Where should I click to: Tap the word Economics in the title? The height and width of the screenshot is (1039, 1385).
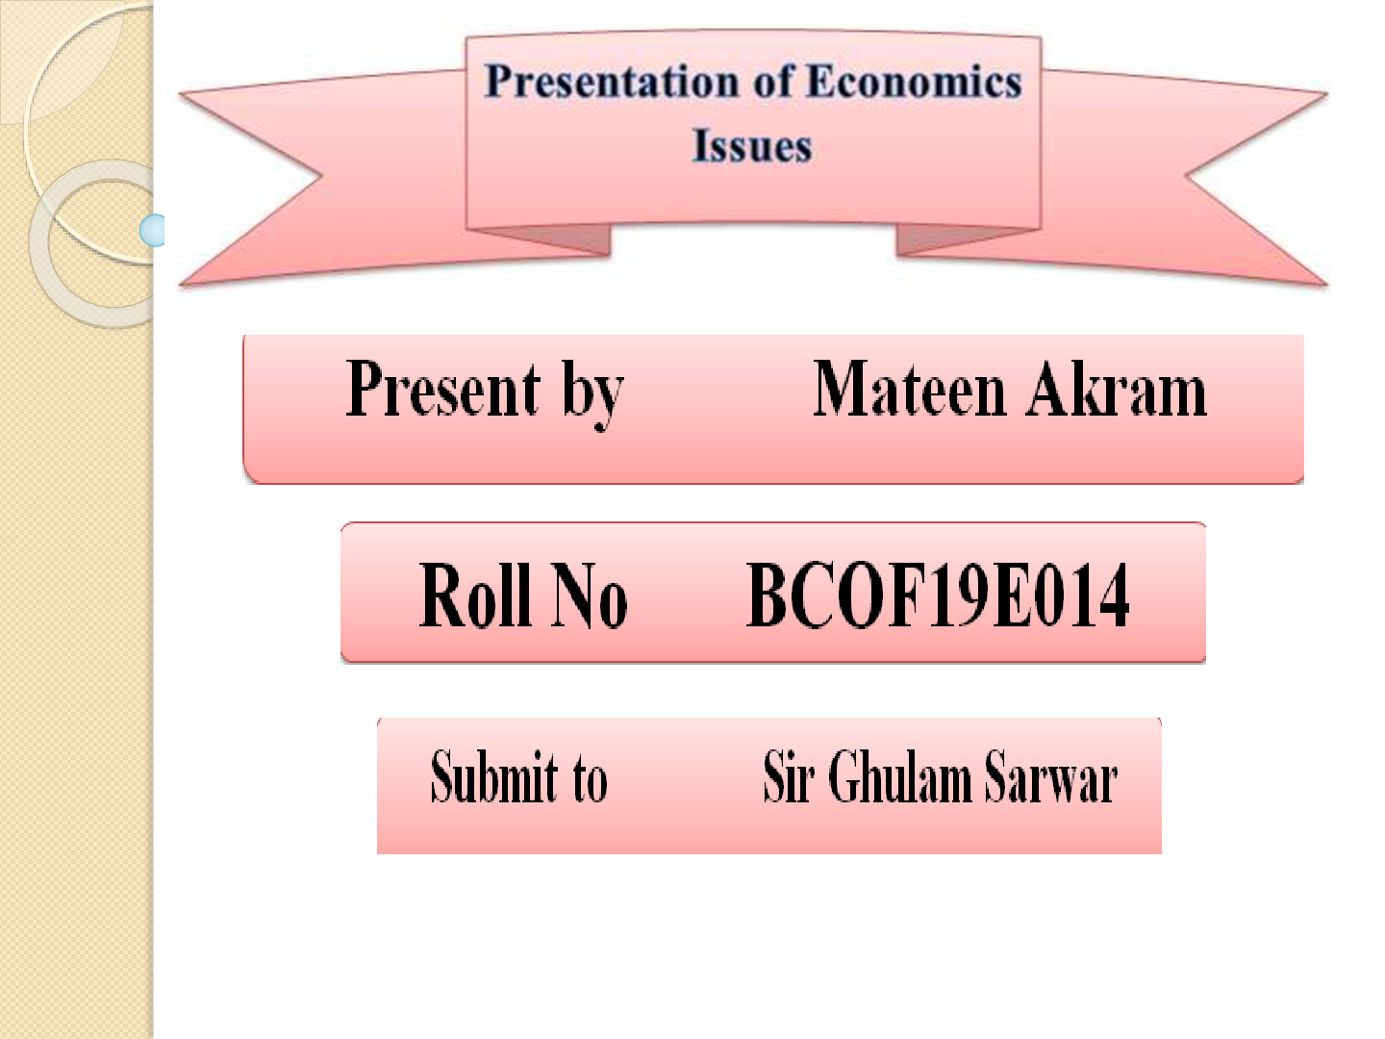pyautogui.click(x=914, y=82)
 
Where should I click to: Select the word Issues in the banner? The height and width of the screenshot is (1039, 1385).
pyautogui.click(x=752, y=147)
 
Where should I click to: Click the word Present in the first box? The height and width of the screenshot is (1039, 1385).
pyautogui.click(x=443, y=390)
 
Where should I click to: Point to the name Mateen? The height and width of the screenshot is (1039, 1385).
pyautogui.click(x=909, y=390)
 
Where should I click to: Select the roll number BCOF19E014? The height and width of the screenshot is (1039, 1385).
pyautogui.click(x=938, y=596)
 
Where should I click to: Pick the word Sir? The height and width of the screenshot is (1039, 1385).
pyautogui.click(x=788, y=777)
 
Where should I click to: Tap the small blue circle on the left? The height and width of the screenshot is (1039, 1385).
pyautogui.click(x=153, y=230)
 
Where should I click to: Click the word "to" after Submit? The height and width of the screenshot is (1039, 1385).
pyautogui.click(x=590, y=777)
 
